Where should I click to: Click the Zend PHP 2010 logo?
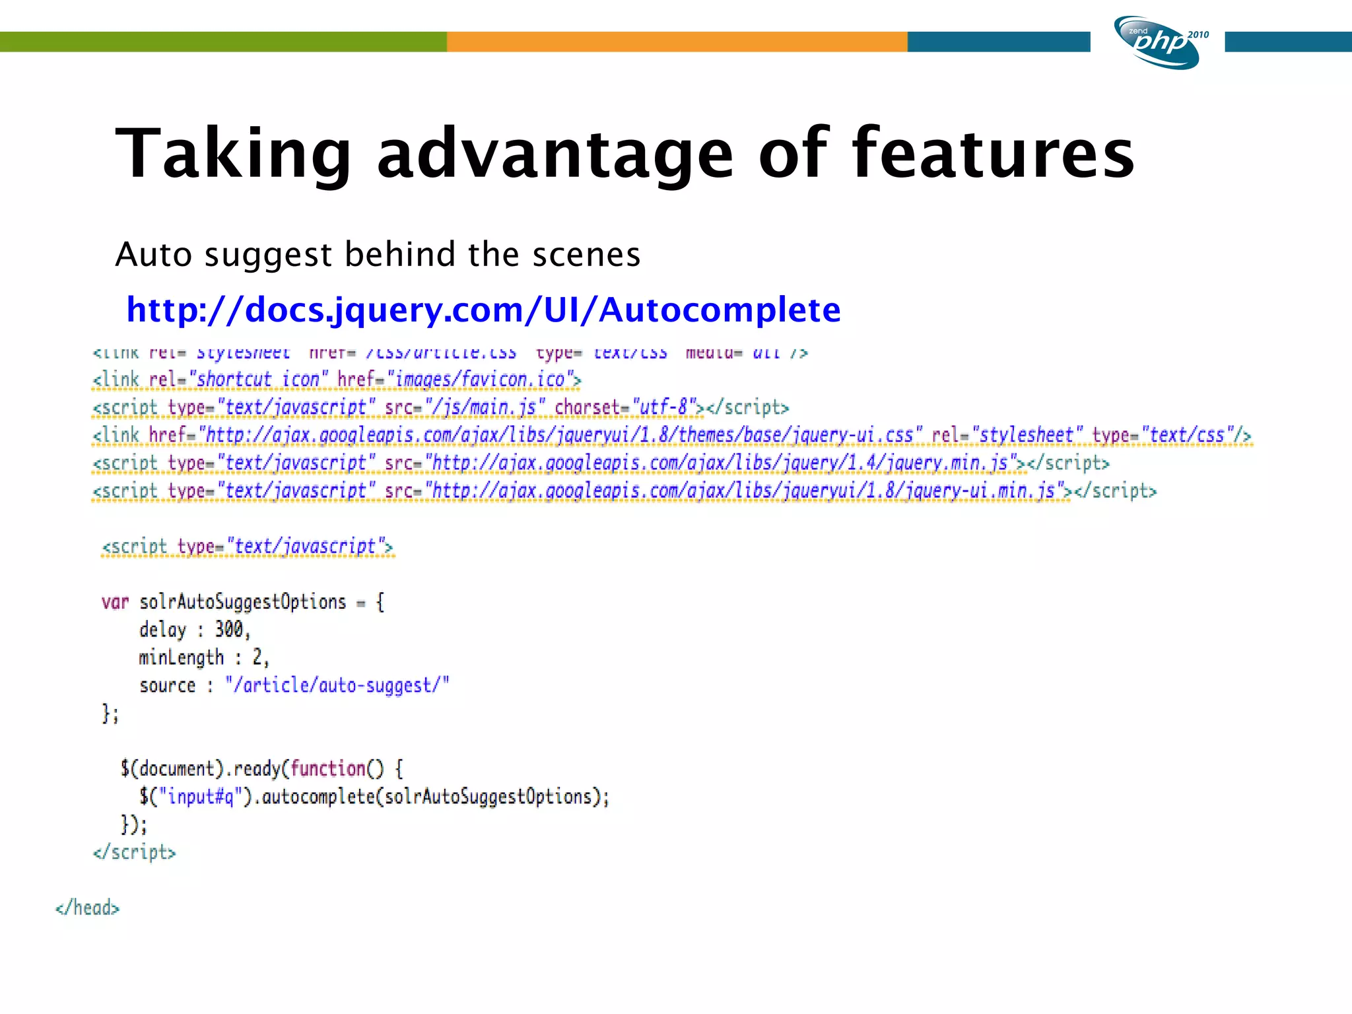1160,42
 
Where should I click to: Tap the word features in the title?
993,153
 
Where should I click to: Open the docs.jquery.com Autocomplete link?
483,309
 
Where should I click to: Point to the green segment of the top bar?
223,42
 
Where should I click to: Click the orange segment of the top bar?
677,42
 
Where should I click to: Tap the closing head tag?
88,908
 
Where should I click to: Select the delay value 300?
229,629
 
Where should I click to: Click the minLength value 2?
257,658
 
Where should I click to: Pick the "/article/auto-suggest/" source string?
337,685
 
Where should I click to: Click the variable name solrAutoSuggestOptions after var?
242,602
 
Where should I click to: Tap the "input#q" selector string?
201,797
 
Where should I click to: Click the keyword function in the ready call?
327,768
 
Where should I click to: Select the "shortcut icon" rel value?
258,380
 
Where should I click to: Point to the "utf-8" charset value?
663,407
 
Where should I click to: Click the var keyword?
115,602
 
